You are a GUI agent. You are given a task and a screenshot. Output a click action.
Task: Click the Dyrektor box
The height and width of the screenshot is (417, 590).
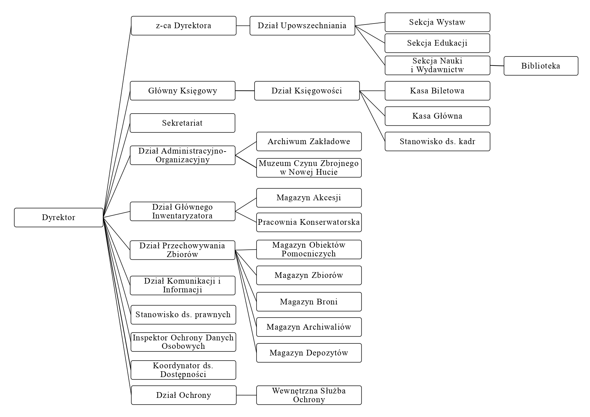pos(58,217)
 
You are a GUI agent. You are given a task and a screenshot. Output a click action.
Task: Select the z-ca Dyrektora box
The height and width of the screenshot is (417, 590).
pos(184,26)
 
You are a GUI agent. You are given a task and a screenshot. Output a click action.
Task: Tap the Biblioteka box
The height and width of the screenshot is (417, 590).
pos(541,66)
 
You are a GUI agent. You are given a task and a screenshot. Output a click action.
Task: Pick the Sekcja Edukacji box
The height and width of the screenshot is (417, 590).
pos(437,43)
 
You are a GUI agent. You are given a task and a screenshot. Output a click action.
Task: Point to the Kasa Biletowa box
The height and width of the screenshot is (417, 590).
pos(437,91)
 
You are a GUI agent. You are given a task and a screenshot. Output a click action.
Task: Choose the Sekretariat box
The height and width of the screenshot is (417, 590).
pos(182,123)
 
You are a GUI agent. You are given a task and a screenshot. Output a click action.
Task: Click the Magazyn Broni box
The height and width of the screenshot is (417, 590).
pos(309,302)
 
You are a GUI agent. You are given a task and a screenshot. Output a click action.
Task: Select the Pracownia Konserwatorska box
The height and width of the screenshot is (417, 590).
pos(309,222)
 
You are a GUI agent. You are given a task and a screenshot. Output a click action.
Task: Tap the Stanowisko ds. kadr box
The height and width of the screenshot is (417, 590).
pos(437,141)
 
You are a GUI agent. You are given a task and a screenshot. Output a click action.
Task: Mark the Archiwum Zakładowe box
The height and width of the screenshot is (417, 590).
pos(309,141)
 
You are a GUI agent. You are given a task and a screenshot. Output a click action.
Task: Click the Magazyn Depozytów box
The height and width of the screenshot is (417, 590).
pos(309,353)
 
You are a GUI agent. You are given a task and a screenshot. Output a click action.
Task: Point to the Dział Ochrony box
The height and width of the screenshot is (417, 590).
pos(184,395)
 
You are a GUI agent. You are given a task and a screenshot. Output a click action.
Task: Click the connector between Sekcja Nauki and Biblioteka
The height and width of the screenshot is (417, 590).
pos(497,66)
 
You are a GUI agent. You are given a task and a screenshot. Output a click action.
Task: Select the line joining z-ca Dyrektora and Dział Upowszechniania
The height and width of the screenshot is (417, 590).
pos(243,26)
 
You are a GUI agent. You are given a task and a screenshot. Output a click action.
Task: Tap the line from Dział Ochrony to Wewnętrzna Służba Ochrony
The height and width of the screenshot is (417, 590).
pos(246,395)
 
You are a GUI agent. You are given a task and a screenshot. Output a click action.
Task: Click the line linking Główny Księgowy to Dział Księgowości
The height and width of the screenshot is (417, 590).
pos(245,91)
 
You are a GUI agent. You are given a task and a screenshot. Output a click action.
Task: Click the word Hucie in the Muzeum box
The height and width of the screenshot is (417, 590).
pos(326,172)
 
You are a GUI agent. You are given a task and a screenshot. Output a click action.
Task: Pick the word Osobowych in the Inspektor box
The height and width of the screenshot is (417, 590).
pos(183,346)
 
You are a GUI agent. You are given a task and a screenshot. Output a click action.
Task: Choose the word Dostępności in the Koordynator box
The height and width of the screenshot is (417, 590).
pos(183,374)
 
